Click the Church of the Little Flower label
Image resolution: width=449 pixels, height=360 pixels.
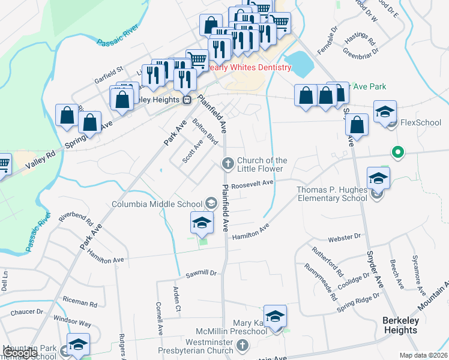(x=262, y=164)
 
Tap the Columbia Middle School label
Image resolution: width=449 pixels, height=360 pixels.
(x=158, y=204)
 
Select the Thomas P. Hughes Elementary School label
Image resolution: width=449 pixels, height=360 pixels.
(x=332, y=194)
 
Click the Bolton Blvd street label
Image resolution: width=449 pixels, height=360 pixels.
(x=205, y=131)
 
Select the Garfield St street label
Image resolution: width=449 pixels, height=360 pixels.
(x=108, y=79)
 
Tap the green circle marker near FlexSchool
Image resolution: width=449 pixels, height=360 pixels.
(x=397, y=152)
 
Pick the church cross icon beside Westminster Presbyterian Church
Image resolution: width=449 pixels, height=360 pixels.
(x=242, y=346)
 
